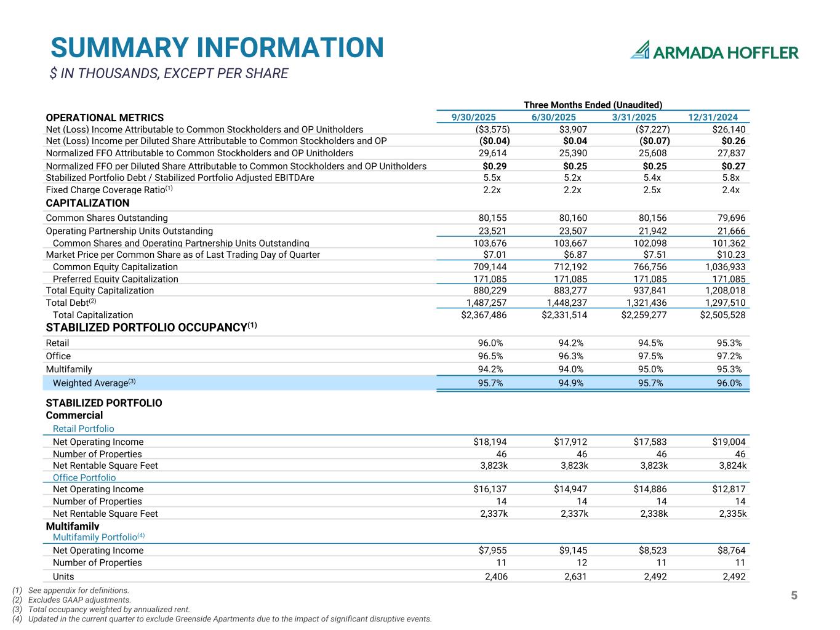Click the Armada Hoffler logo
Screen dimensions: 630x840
[714, 50]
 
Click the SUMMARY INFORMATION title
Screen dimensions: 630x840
[217, 48]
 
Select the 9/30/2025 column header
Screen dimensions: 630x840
[473, 118]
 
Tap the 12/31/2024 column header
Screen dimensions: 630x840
[713, 118]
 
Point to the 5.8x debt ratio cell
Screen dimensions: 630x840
[730, 178]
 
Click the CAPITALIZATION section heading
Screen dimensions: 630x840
[87, 203]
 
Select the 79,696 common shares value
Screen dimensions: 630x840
[732, 218]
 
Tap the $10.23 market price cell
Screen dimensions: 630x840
[732, 255]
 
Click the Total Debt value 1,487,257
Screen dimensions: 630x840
[486, 303]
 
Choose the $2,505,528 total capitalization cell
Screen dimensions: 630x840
[722, 315]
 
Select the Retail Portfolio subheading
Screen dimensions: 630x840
[83, 429]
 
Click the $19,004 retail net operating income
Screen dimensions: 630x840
[729, 442]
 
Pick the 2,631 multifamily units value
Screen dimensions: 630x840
[575, 576]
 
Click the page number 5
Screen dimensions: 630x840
[794, 596]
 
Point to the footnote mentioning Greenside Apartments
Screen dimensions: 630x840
[230, 619]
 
